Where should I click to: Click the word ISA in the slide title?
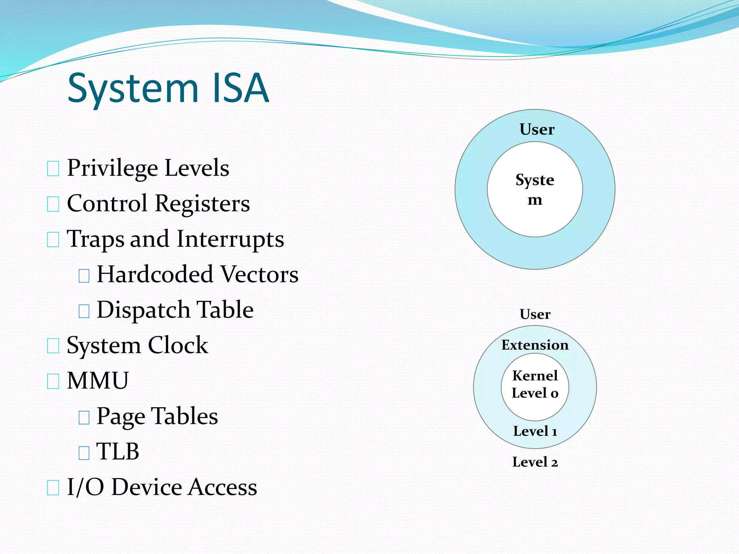pyautogui.click(x=241, y=88)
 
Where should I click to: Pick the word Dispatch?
pyautogui.click(x=143, y=310)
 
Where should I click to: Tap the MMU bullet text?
pyautogui.click(x=98, y=381)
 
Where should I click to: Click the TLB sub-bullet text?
pyautogui.click(x=118, y=452)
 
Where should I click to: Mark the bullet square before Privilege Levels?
pyautogui.click(x=53, y=169)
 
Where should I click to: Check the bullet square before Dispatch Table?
pyautogui.click(x=84, y=311)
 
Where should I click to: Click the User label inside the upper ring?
pyautogui.click(x=537, y=129)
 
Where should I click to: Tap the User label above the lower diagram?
pyautogui.click(x=535, y=314)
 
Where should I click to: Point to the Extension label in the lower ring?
pyautogui.click(x=535, y=345)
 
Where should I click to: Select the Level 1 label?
pyautogui.click(x=535, y=431)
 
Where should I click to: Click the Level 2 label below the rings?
pyautogui.click(x=535, y=462)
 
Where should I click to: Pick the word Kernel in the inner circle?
pyautogui.click(x=535, y=376)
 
